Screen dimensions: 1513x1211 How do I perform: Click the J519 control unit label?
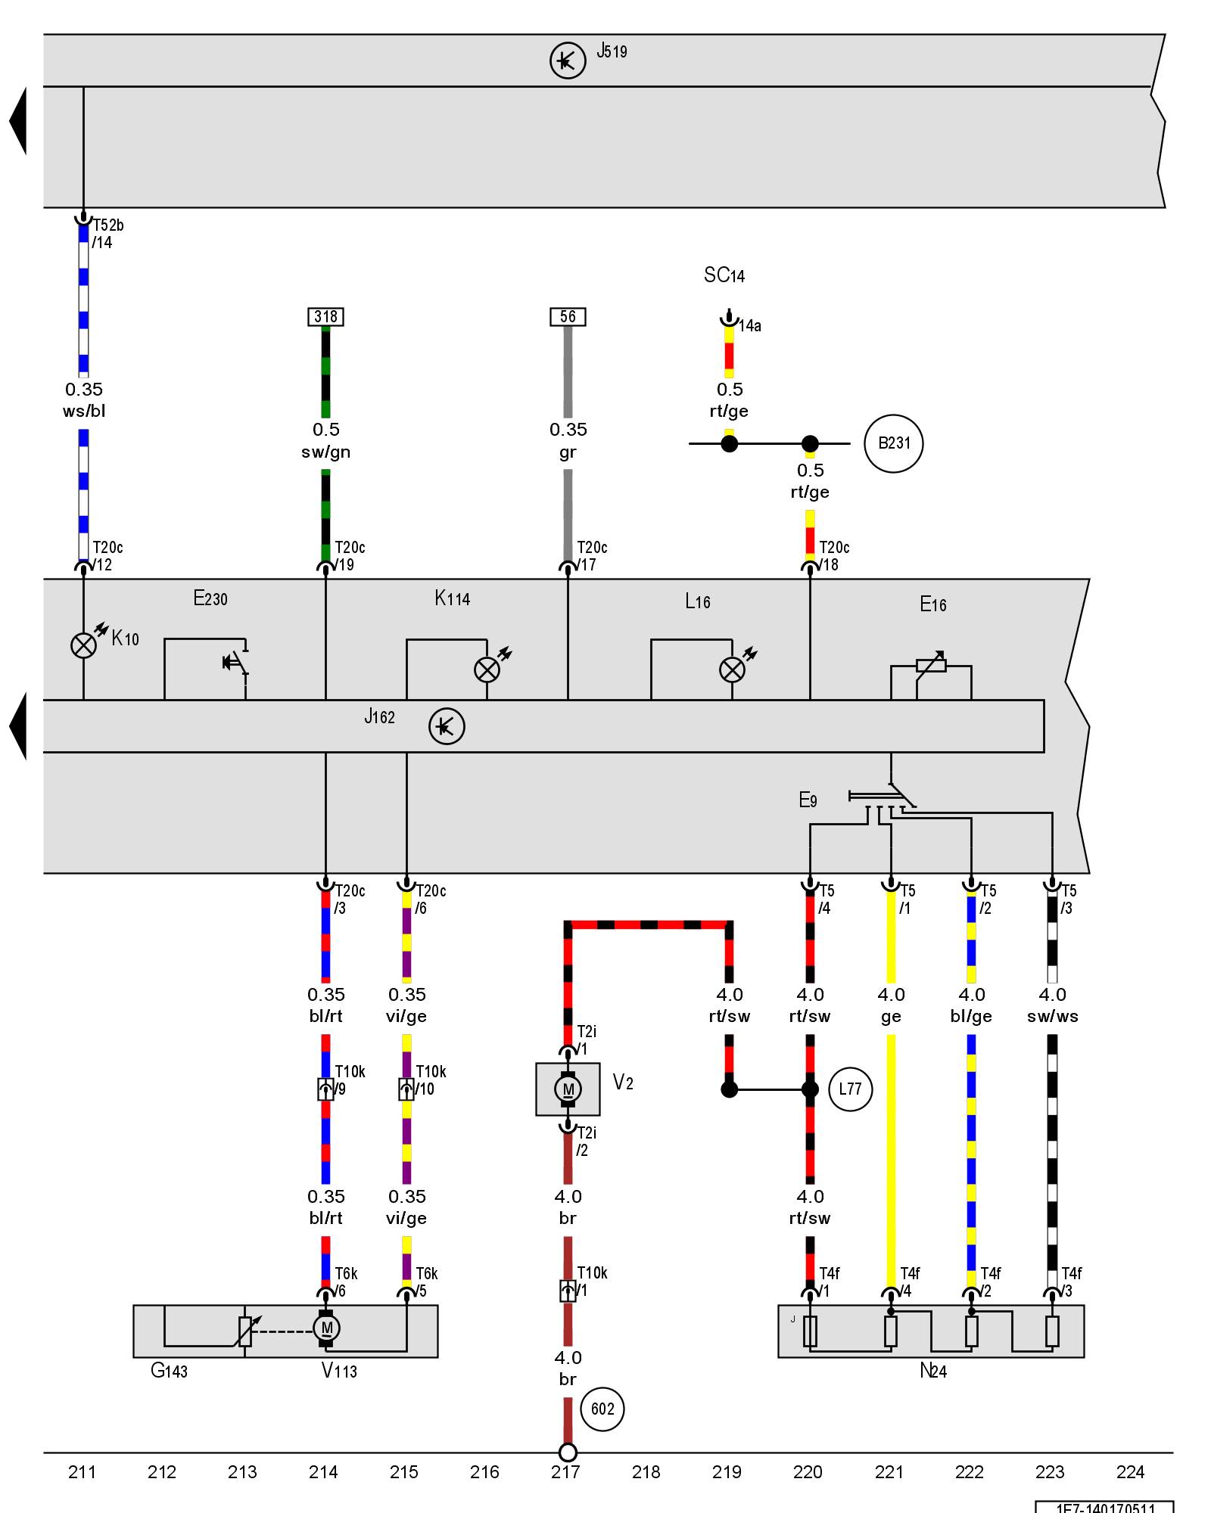pyautogui.click(x=612, y=51)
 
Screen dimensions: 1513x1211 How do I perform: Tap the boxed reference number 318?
pyautogui.click(x=325, y=317)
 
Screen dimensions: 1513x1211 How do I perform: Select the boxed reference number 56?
pyautogui.click(x=568, y=317)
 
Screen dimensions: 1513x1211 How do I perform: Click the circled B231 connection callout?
pyautogui.click(x=893, y=443)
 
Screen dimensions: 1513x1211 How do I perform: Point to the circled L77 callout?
pyautogui.click(x=850, y=1089)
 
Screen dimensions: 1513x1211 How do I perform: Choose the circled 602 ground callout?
pyautogui.click(x=602, y=1409)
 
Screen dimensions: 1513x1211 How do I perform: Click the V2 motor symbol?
pyautogui.click(x=568, y=1089)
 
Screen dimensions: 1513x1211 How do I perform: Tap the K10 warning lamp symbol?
pyautogui.click(x=83, y=645)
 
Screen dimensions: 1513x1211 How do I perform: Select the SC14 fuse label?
pyautogui.click(x=724, y=275)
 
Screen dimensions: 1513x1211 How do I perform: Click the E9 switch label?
pyautogui.click(x=808, y=800)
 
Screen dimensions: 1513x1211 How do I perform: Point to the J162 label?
pyautogui.click(x=379, y=717)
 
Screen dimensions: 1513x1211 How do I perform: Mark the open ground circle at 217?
pyautogui.click(x=568, y=1452)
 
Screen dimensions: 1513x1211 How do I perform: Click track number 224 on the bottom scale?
pyautogui.click(x=1130, y=1472)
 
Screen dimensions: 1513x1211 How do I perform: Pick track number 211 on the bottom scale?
pyautogui.click(x=82, y=1472)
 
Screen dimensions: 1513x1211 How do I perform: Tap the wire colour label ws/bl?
pyautogui.click(x=83, y=412)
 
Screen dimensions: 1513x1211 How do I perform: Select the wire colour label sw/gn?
pyautogui.click(x=325, y=452)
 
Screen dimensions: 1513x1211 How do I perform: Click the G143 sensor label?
pyautogui.click(x=169, y=1371)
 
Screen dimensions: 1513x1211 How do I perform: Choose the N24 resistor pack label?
pyautogui.click(x=932, y=1371)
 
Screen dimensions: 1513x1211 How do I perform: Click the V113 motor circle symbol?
pyautogui.click(x=326, y=1328)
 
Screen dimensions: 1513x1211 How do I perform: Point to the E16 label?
pyautogui.click(x=932, y=604)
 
